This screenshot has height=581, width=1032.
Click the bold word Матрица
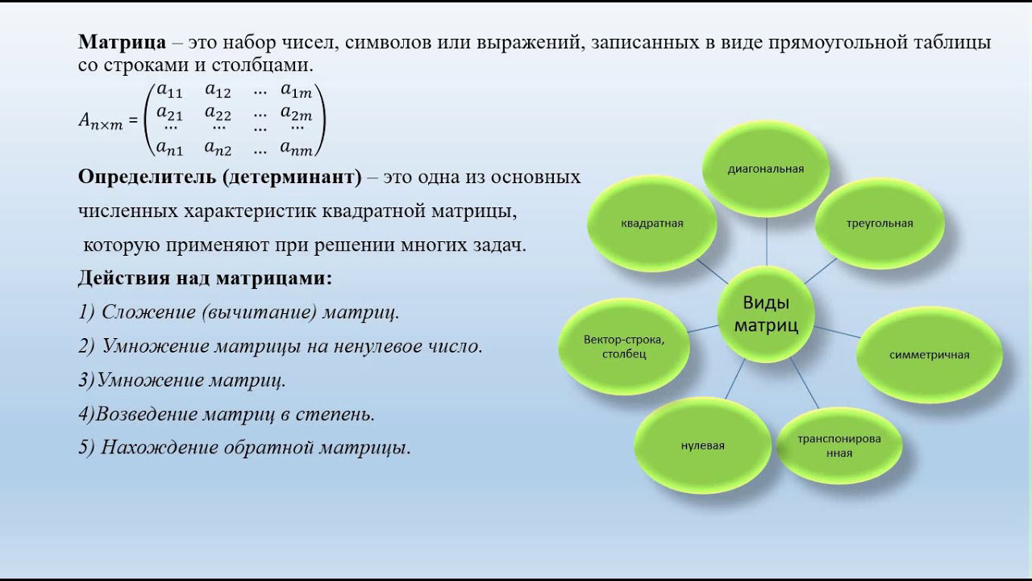(122, 42)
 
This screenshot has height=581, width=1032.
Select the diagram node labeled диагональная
(766, 169)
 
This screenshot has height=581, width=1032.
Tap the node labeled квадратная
(652, 224)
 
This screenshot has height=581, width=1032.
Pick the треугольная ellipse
(880, 224)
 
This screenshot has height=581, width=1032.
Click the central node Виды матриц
(766, 314)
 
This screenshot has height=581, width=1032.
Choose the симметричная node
(930, 354)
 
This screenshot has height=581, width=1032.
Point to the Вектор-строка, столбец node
(624, 346)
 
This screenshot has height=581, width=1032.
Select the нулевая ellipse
(702, 445)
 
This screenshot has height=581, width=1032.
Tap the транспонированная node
(839, 445)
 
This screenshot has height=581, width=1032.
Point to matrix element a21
(169, 112)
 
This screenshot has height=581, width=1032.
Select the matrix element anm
(296, 148)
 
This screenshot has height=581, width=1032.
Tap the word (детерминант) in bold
(292, 177)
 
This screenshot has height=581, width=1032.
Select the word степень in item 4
(335, 414)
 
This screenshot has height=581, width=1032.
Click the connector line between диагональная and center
(767, 241)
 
